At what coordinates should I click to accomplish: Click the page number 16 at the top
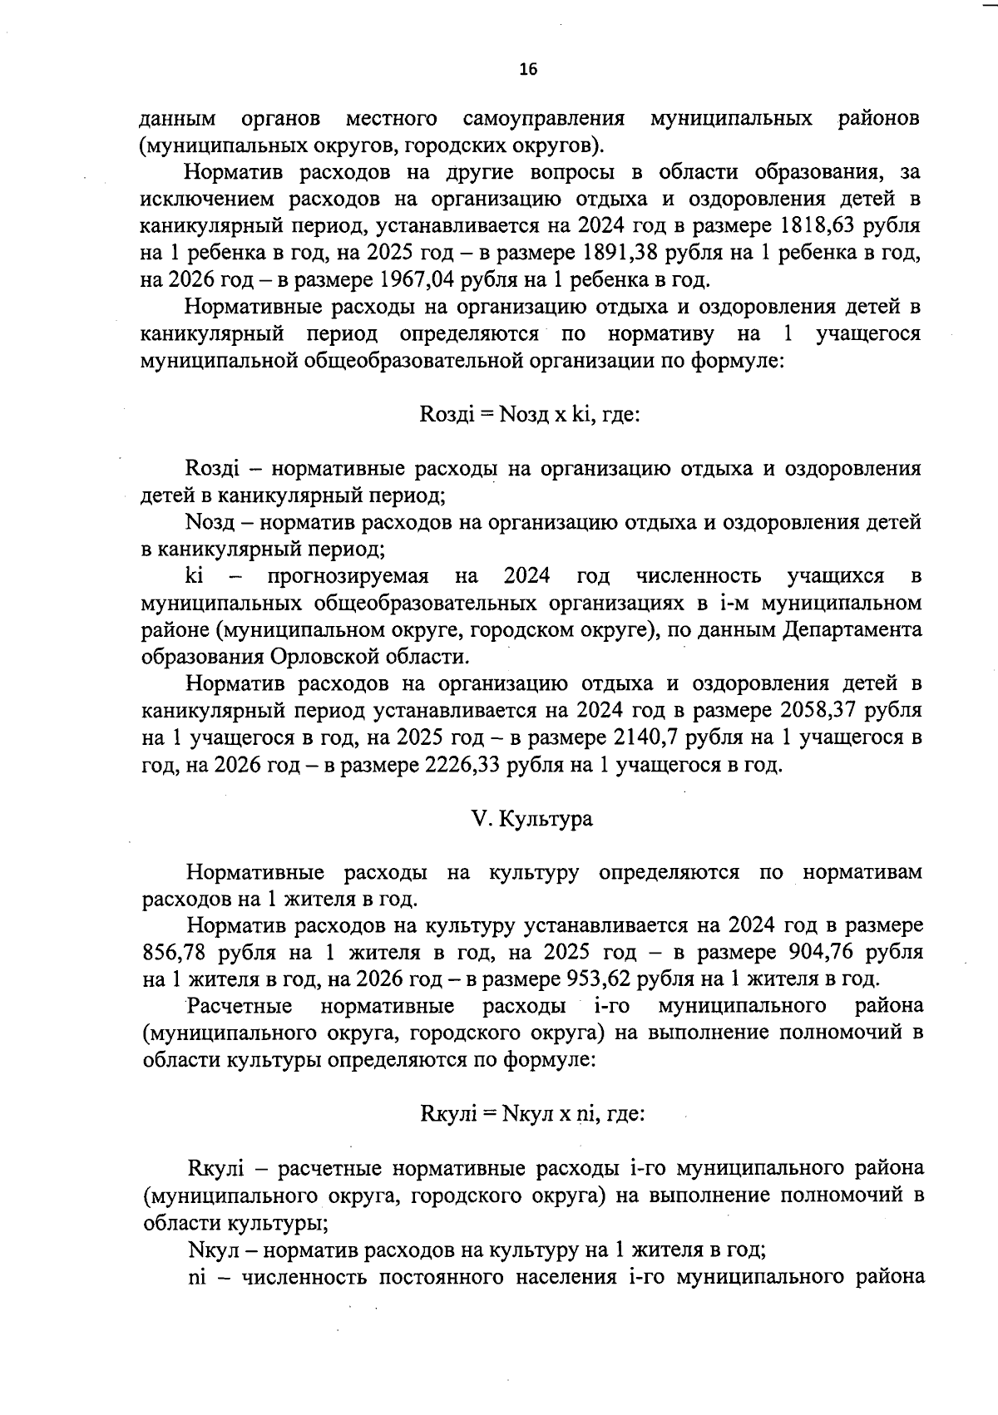point(528,70)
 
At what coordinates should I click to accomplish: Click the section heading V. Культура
point(531,819)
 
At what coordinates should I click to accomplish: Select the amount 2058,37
point(820,711)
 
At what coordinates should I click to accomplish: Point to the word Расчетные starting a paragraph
point(240,1006)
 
